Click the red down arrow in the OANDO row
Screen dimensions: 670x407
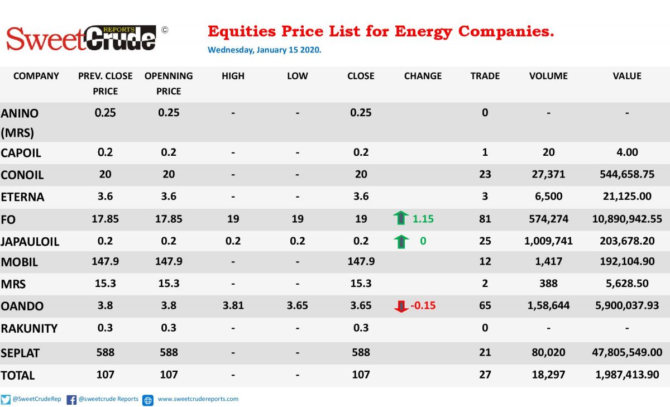click(401, 306)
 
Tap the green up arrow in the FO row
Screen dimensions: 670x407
click(401, 218)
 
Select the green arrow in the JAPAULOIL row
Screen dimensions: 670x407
click(401, 242)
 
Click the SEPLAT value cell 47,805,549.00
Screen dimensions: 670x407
click(627, 352)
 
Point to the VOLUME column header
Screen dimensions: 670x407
click(548, 76)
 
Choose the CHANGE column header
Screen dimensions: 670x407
click(423, 76)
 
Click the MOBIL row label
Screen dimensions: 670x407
click(19, 262)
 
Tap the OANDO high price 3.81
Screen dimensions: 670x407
click(233, 305)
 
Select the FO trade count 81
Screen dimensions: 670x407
click(485, 219)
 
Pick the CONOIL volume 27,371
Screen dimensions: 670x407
click(548, 174)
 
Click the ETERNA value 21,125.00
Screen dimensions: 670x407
click(627, 196)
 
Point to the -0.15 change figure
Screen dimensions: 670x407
click(423, 305)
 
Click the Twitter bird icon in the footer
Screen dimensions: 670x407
click(6, 400)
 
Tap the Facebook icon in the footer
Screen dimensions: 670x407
click(71, 400)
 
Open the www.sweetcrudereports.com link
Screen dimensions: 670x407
click(198, 399)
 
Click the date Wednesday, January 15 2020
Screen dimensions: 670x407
click(265, 50)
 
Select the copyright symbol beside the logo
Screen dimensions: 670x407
click(165, 30)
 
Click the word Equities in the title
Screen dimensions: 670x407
click(242, 32)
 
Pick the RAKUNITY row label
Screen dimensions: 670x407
click(29, 328)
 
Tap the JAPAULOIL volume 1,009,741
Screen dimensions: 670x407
click(548, 241)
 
